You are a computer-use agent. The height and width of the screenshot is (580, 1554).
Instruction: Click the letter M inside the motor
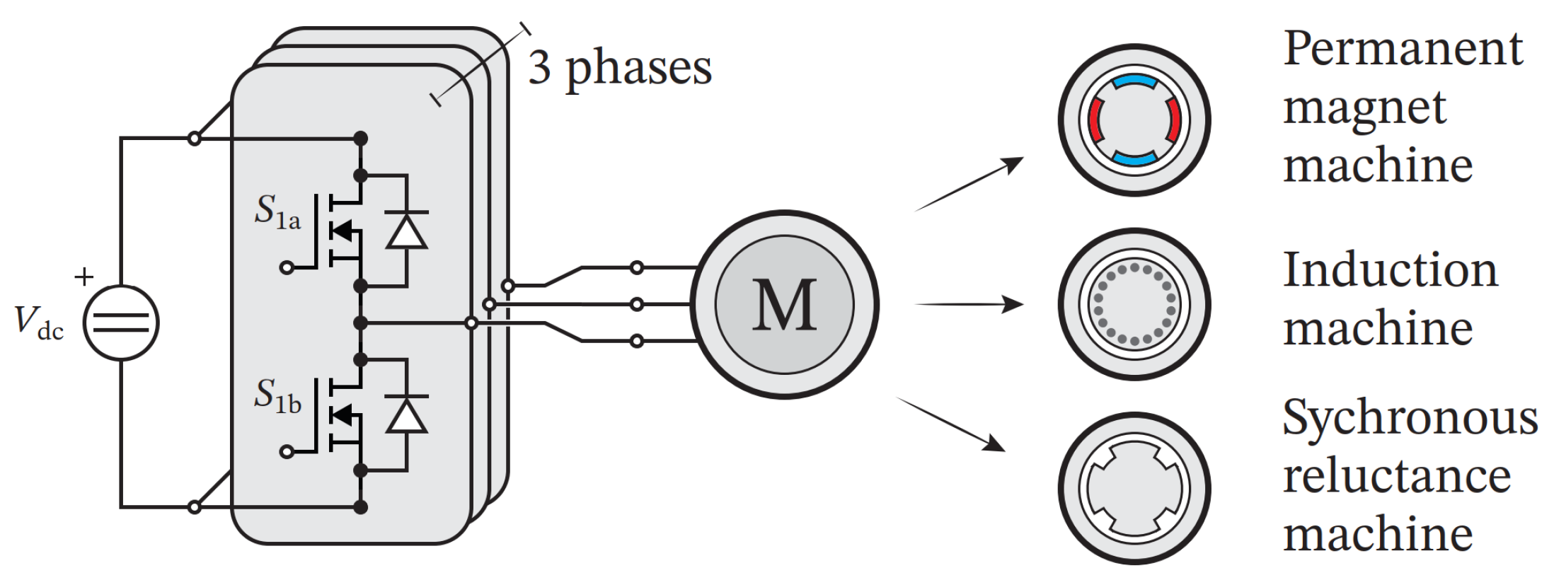coord(784,305)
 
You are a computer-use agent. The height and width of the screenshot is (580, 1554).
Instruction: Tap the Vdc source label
coord(39,323)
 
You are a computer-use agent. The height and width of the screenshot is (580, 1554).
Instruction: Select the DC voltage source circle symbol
coord(121,323)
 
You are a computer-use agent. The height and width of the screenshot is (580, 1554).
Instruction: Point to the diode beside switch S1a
coord(406,231)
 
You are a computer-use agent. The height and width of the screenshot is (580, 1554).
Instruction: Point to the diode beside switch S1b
coord(406,414)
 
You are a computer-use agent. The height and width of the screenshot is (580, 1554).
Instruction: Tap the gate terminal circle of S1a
coord(287,267)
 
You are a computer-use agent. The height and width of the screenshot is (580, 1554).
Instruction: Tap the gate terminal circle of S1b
coord(287,451)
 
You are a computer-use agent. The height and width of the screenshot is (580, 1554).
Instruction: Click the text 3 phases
coord(620,69)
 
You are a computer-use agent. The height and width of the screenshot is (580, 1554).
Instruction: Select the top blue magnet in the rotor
coord(1134,82)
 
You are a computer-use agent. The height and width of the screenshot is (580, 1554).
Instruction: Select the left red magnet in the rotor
coord(1095,120)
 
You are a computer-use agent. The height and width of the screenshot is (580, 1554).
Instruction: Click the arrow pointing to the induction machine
coord(969,304)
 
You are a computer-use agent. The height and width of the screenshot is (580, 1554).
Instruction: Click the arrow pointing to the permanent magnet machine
coord(969,185)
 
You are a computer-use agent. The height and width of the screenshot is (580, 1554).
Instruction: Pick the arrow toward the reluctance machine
coord(952,424)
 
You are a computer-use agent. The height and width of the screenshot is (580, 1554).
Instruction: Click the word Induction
coord(1390,270)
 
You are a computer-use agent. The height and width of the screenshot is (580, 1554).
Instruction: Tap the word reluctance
coord(1397,476)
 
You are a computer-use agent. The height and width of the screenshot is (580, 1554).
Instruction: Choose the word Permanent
coord(1403,50)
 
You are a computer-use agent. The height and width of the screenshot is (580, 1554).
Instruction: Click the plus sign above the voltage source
coord(84,277)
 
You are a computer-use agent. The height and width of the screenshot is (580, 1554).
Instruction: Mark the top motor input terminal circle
coord(636,267)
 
